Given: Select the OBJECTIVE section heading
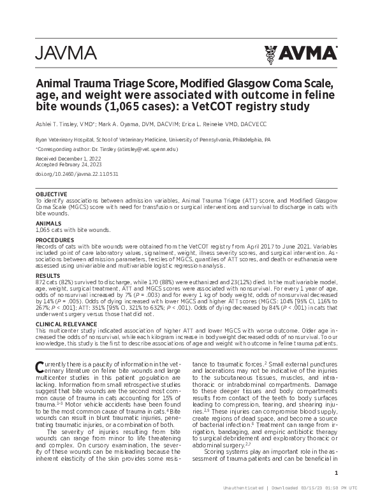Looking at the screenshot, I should tap(51, 194).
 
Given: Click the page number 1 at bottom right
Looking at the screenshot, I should tap(335, 472).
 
